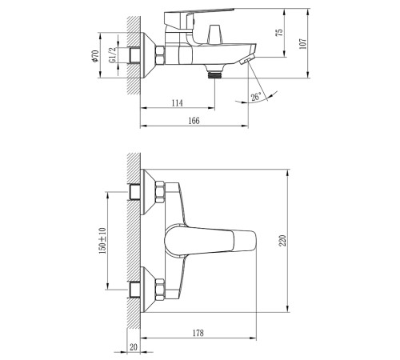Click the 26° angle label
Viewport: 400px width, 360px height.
pyautogui.click(x=256, y=98)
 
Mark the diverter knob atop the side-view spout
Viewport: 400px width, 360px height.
pyautogui.click(x=214, y=34)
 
